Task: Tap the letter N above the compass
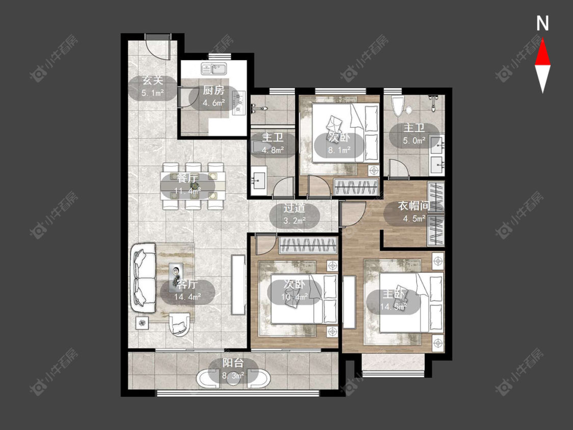click(542, 23)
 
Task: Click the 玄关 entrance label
click(153, 80)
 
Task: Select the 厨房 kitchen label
click(214, 90)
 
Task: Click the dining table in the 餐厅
click(194, 186)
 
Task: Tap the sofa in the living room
click(143, 278)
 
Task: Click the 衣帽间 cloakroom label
click(414, 205)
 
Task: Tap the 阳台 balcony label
click(233, 363)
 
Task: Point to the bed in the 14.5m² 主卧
click(412, 302)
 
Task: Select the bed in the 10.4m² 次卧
click(304, 299)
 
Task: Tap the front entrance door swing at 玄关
click(158, 47)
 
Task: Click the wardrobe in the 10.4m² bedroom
click(308, 246)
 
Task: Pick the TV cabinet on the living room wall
click(238, 284)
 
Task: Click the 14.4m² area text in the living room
click(187, 297)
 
